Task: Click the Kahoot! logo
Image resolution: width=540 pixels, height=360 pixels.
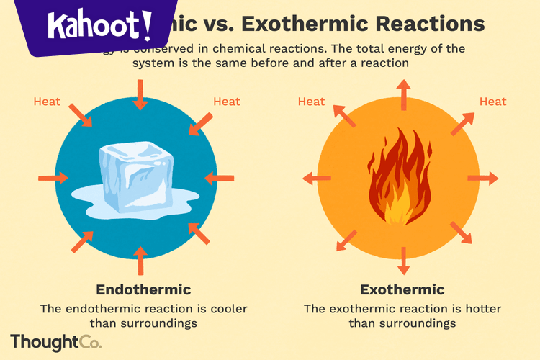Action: tap(99, 27)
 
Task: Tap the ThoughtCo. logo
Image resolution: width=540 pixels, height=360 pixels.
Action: tap(55, 341)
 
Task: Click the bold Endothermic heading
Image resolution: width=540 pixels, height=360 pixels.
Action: tap(143, 290)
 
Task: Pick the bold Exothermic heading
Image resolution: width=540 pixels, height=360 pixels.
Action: tap(402, 290)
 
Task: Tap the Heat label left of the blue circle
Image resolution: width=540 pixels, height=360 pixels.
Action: tap(47, 102)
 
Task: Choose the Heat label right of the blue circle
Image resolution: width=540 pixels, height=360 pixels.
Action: tap(226, 102)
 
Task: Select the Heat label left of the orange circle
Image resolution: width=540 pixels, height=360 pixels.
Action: tap(311, 102)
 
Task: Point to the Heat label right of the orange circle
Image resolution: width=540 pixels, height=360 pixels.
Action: tap(492, 102)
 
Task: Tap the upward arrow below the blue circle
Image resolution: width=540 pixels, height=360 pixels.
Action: tap(140, 261)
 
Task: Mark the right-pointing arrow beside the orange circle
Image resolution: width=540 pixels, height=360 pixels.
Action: tap(483, 178)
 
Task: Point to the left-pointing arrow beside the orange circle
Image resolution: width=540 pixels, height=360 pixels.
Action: tap(316, 178)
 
